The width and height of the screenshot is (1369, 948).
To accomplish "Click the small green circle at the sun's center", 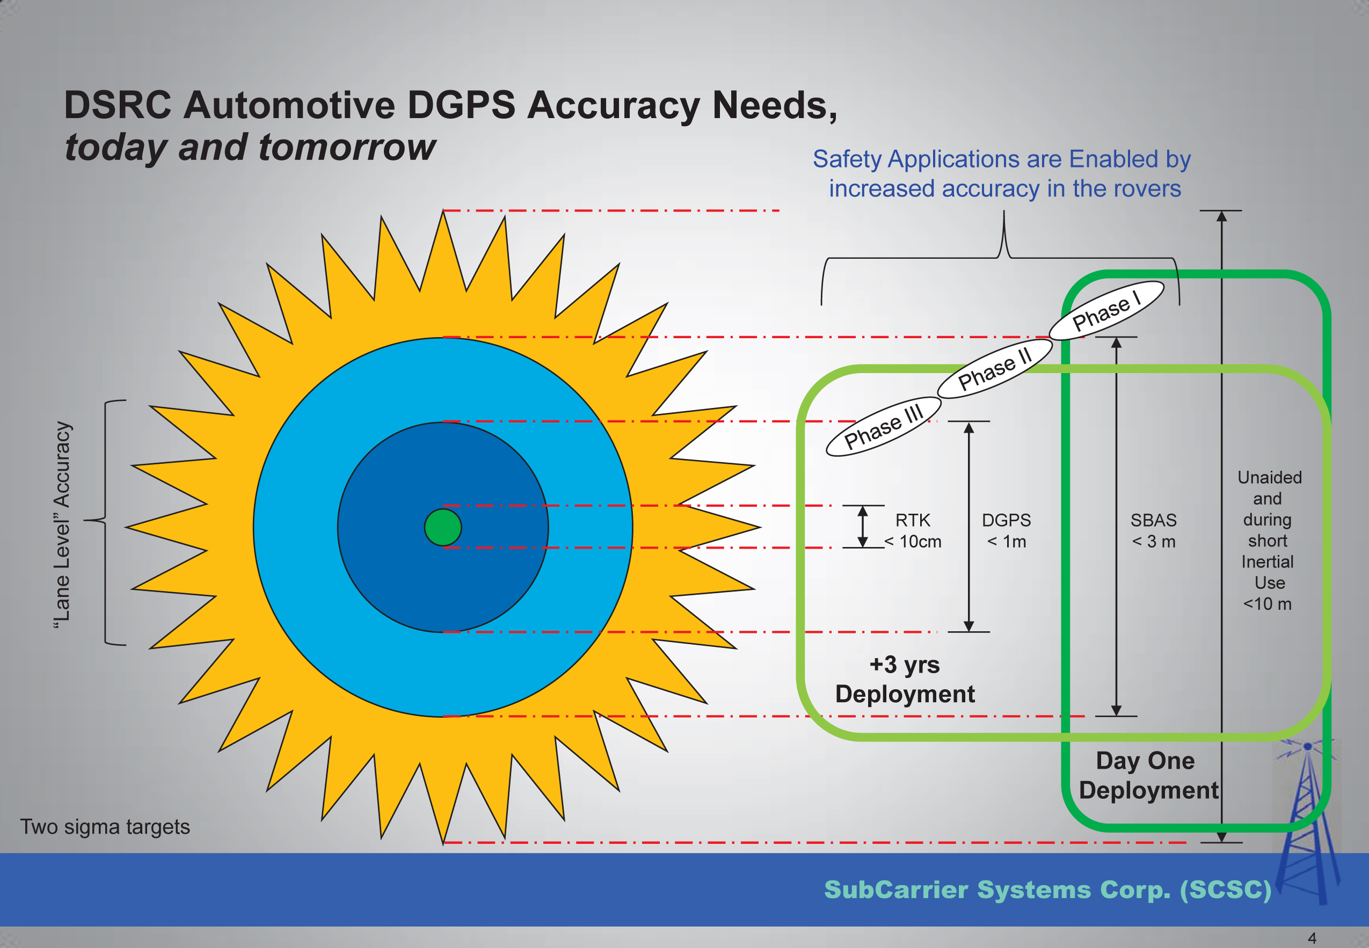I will coord(442,527).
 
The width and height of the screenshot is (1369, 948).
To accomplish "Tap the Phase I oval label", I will coord(1106,311).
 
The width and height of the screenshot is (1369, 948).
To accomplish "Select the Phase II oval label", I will coord(995,369).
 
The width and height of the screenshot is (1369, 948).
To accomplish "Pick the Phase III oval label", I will coord(883,426).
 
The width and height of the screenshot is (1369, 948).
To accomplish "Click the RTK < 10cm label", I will coord(913,530).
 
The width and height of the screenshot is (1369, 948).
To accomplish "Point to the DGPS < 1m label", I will coord(1006,530).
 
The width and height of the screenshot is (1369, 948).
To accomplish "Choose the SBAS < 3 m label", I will coord(1153,530).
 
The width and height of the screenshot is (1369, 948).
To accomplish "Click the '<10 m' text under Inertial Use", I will coord(1267,604).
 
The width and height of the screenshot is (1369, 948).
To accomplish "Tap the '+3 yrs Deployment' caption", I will coord(905,679).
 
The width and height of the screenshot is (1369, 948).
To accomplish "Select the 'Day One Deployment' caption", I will coord(1147,775).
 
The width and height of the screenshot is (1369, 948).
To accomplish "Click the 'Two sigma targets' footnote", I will coord(105,826).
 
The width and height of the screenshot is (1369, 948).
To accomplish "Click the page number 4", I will coord(1312,938).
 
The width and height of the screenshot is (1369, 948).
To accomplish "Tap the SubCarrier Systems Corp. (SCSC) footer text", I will coord(1047,889).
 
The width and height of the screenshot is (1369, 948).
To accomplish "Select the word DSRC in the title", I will coord(118,105).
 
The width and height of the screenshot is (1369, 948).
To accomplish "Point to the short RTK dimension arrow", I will coord(863,526).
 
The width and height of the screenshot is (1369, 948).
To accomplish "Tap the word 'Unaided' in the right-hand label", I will coord(1269,478).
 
